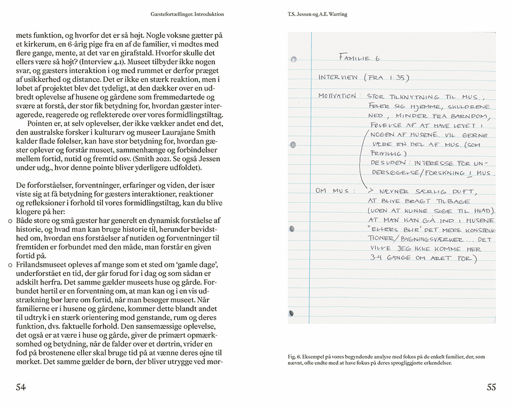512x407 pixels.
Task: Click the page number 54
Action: [x=21, y=387]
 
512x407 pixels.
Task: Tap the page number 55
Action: [x=491, y=387]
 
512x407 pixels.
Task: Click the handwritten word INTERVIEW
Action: [x=338, y=77]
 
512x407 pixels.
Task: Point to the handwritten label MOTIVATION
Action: [x=337, y=96]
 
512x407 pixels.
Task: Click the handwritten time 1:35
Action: [x=396, y=77]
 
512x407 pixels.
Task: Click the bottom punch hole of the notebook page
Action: [x=291, y=313]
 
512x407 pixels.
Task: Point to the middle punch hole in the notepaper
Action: [x=292, y=145]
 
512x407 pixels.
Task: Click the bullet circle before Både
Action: [x=10, y=221]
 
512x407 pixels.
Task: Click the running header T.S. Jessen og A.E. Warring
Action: [x=317, y=14]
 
